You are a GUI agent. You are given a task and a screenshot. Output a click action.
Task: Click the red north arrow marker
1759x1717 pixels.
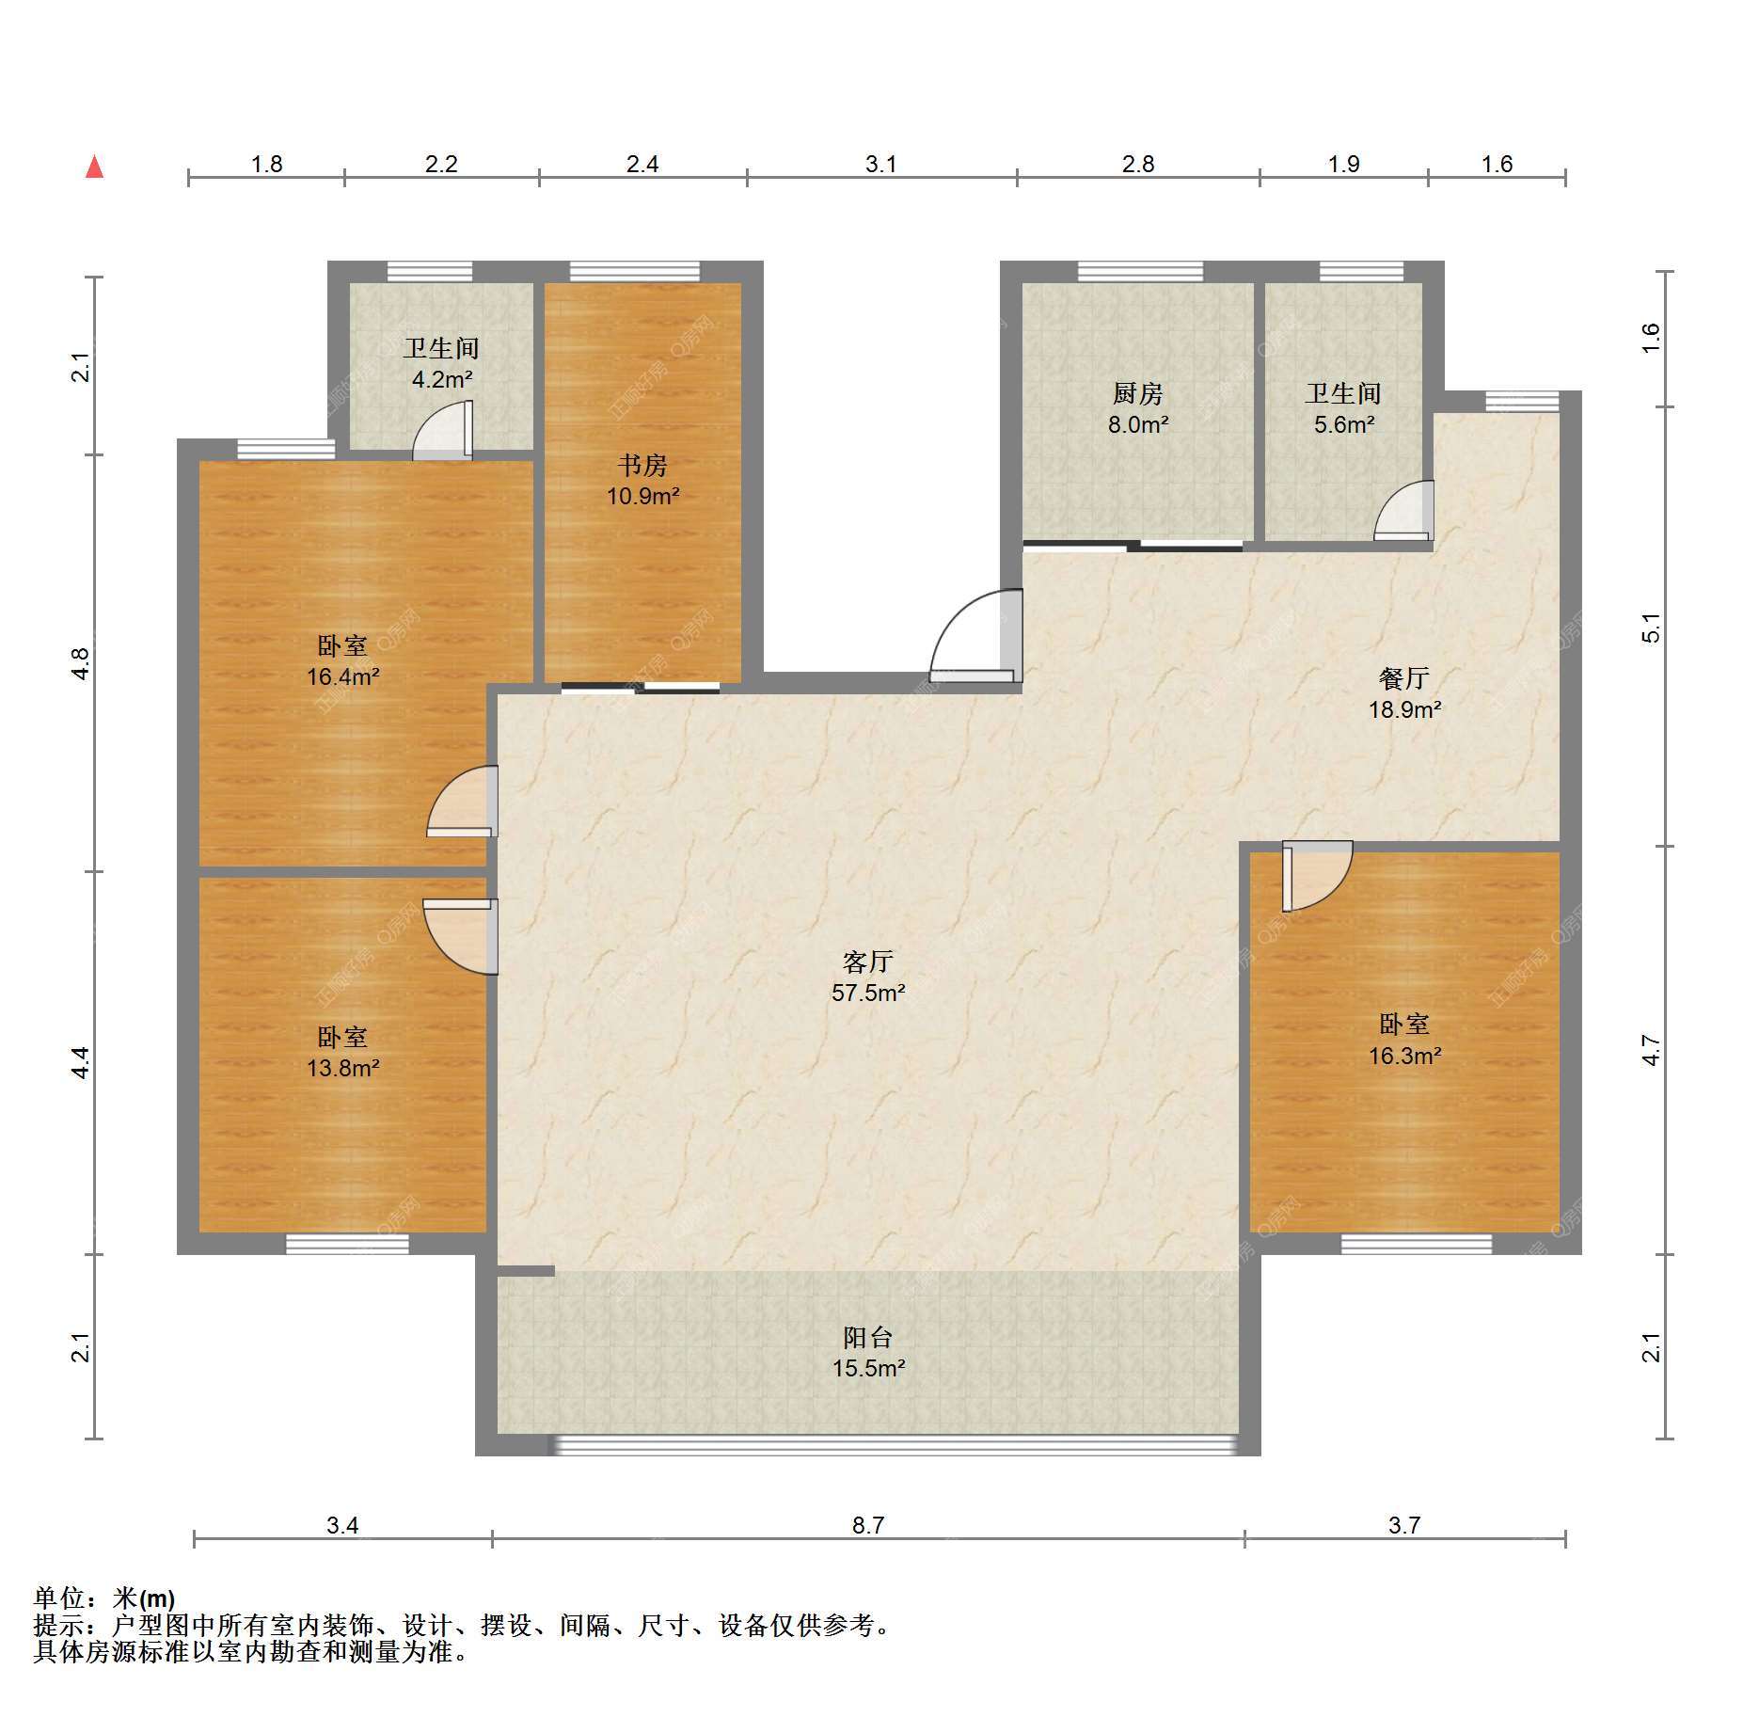coord(94,167)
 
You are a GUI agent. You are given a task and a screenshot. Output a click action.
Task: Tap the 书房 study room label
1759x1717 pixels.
coord(642,466)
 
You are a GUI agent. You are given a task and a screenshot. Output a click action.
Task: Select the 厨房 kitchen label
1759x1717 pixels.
coord(1138,394)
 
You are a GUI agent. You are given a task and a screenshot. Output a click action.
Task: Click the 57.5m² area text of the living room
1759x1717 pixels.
coord(868,993)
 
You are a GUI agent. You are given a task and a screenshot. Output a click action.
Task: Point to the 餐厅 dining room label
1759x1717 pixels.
coord(1404,678)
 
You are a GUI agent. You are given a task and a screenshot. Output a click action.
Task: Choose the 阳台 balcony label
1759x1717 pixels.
coord(867,1337)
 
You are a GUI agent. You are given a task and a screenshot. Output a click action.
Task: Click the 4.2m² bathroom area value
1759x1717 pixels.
coord(442,379)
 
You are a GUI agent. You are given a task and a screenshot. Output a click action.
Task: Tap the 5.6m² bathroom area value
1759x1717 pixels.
coord(1344,424)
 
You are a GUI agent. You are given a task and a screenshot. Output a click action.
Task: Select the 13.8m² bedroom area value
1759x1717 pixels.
coord(343,1068)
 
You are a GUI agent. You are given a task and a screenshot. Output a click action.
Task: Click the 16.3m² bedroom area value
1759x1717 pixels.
coord(1404,1056)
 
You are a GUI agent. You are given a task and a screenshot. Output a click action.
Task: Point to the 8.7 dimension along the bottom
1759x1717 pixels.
coord(868,1525)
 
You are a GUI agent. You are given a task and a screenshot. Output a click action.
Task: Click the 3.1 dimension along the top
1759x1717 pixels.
coord(880,165)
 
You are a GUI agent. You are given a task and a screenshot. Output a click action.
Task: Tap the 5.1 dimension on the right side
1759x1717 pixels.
coord(1651,628)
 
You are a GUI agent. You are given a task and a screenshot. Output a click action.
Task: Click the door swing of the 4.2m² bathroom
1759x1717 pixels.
coord(443,432)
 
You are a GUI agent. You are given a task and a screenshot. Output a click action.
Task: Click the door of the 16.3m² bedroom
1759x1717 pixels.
coord(1317,876)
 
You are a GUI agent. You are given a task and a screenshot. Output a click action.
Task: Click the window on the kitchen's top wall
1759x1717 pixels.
coord(1140,272)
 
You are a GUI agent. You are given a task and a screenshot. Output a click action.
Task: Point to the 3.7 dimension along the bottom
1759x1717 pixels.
coord(1404,1525)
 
